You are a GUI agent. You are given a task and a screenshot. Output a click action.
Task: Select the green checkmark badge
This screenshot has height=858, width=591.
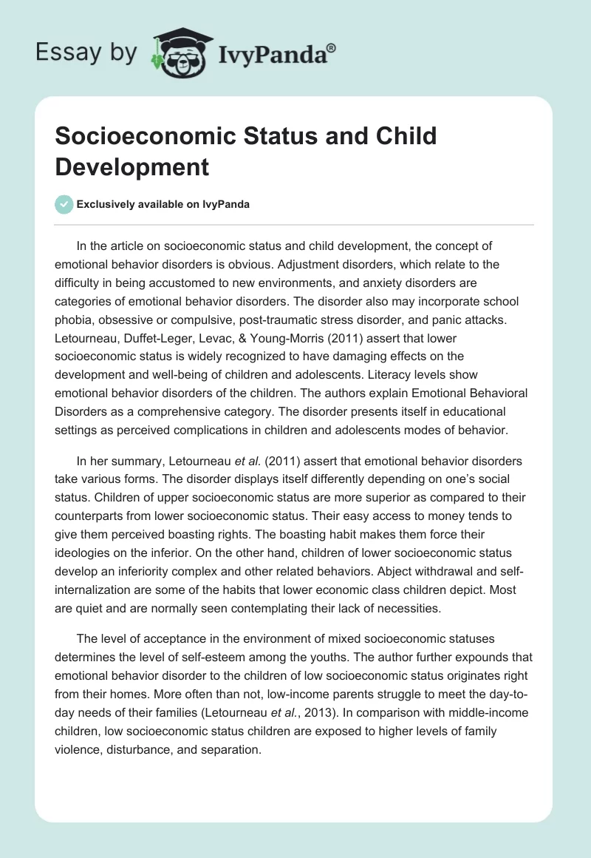(64, 204)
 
